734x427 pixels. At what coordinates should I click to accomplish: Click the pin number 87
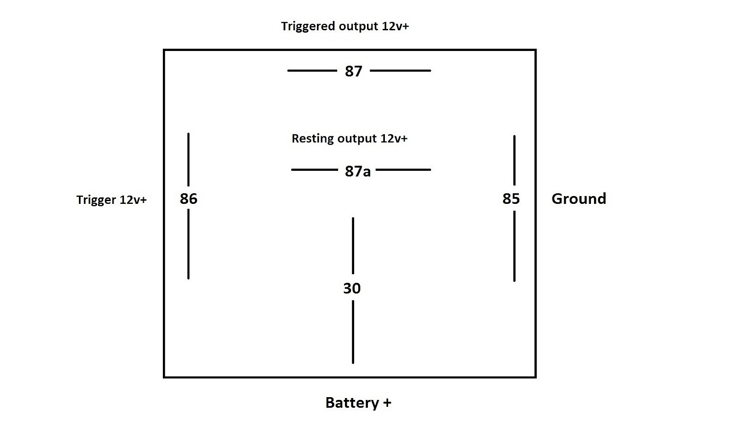pos(353,71)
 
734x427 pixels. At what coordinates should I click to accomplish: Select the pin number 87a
pos(357,171)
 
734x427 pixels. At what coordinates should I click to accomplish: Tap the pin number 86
pos(189,198)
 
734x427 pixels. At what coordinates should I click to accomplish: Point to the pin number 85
pos(511,198)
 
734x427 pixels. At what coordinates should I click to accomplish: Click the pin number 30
pos(352,288)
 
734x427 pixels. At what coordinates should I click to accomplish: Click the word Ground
pos(578,198)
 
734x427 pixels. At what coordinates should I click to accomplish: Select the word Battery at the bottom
pos(352,403)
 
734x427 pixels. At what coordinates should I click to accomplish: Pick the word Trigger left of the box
pos(96,200)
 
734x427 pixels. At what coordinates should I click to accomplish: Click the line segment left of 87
pos(312,71)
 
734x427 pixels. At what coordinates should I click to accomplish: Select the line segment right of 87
pos(400,71)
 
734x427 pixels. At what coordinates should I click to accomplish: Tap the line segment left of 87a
pos(314,170)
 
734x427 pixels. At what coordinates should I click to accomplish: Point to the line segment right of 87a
pos(403,170)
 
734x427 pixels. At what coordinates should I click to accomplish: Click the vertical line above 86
pos(189,159)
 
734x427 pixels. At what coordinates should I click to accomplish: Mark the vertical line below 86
pos(189,244)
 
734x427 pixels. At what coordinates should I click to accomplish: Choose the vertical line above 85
pos(514,160)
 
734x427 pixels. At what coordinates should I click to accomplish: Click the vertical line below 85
pos(514,246)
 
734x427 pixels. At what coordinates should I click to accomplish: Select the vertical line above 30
pos(353,245)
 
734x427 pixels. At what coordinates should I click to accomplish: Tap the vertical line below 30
pos(353,331)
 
